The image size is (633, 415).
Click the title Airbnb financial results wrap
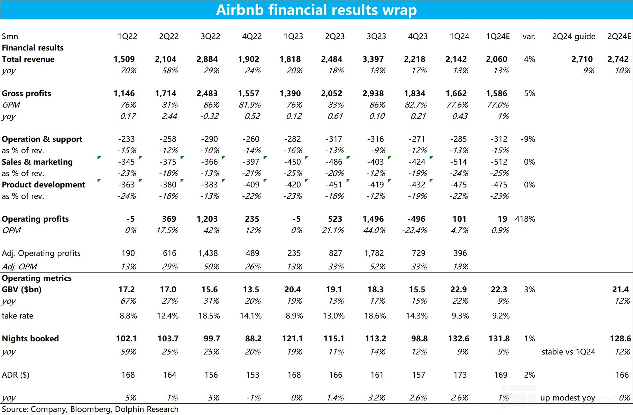[x=316, y=10]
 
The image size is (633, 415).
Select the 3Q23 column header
[x=376, y=36]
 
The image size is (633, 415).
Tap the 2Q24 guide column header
[x=574, y=36]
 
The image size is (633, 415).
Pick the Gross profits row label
[x=26, y=93]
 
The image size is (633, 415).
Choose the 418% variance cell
[x=525, y=219]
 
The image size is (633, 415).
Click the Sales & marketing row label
[x=37, y=162]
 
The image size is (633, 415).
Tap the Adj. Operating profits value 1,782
[x=374, y=253]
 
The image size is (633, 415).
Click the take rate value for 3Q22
[x=209, y=316]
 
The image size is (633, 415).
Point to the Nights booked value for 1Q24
[x=458, y=339]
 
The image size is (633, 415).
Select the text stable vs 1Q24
[x=568, y=352]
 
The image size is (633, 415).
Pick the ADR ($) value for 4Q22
[x=253, y=375]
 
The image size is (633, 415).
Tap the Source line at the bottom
[x=90, y=409]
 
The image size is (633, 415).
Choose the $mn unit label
[x=10, y=36]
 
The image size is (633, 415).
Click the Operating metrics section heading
[x=37, y=278]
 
